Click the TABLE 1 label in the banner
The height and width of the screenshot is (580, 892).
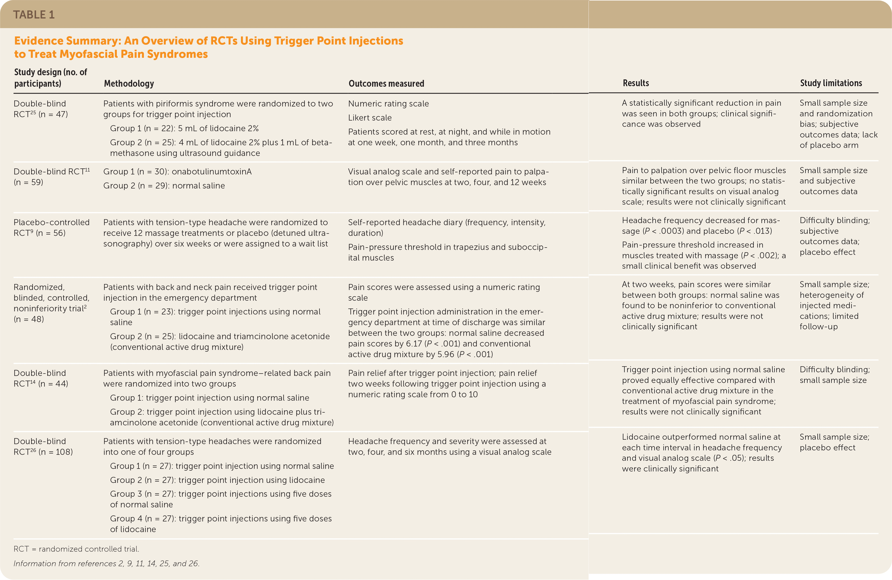click(x=34, y=15)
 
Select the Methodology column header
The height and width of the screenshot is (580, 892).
click(x=129, y=83)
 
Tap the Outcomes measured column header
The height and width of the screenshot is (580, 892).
click(x=386, y=83)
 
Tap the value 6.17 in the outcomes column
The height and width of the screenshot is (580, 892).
click(x=414, y=344)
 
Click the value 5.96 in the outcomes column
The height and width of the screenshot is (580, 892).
click(x=446, y=354)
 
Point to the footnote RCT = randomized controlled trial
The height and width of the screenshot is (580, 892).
click(x=76, y=549)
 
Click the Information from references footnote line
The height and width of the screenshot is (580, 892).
click(x=106, y=564)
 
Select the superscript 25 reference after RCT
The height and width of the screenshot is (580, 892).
click(x=33, y=112)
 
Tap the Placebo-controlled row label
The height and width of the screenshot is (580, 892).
click(x=51, y=222)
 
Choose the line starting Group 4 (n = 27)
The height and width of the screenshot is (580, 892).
click(x=221, y=519)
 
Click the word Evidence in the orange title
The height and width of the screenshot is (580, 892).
click(x=39, y=41)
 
